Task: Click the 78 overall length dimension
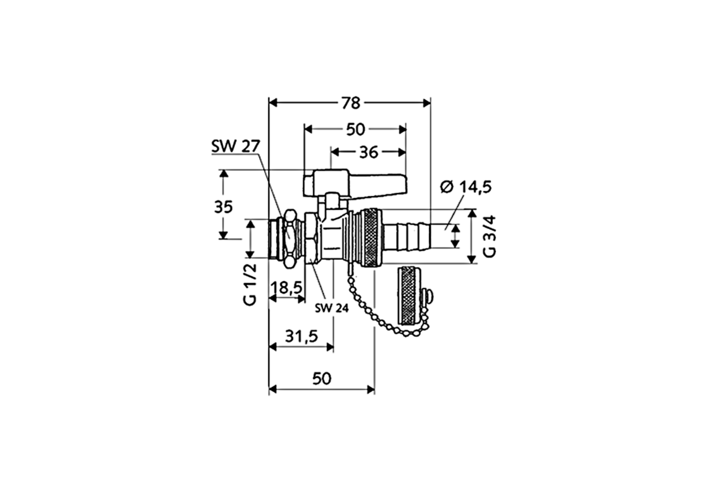coord(350,103)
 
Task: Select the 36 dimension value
coord(368,152)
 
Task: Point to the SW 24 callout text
coord(331,309)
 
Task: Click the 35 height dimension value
coord(223,207)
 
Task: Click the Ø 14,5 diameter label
coord(466,187)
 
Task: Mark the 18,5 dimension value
coord(287,287)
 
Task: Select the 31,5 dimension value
coord(301,336)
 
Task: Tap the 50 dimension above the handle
coord(356,130)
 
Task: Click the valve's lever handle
coord(359,182)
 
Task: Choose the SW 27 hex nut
coord(289,238)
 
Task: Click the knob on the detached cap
coord(428,298)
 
